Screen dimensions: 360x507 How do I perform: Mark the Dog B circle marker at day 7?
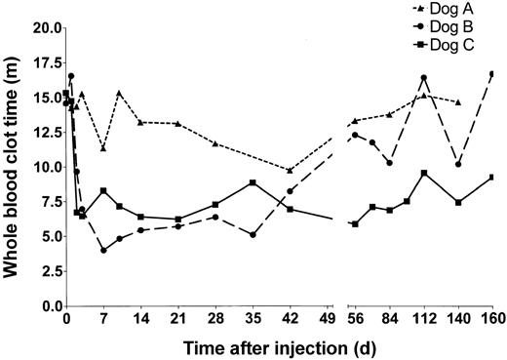(x=103, y=250)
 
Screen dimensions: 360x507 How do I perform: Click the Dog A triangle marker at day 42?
(x=290, y=171)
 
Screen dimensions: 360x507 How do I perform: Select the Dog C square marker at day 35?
(x=253, y=182)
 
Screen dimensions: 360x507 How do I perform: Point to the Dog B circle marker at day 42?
(x=290, y=191)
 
